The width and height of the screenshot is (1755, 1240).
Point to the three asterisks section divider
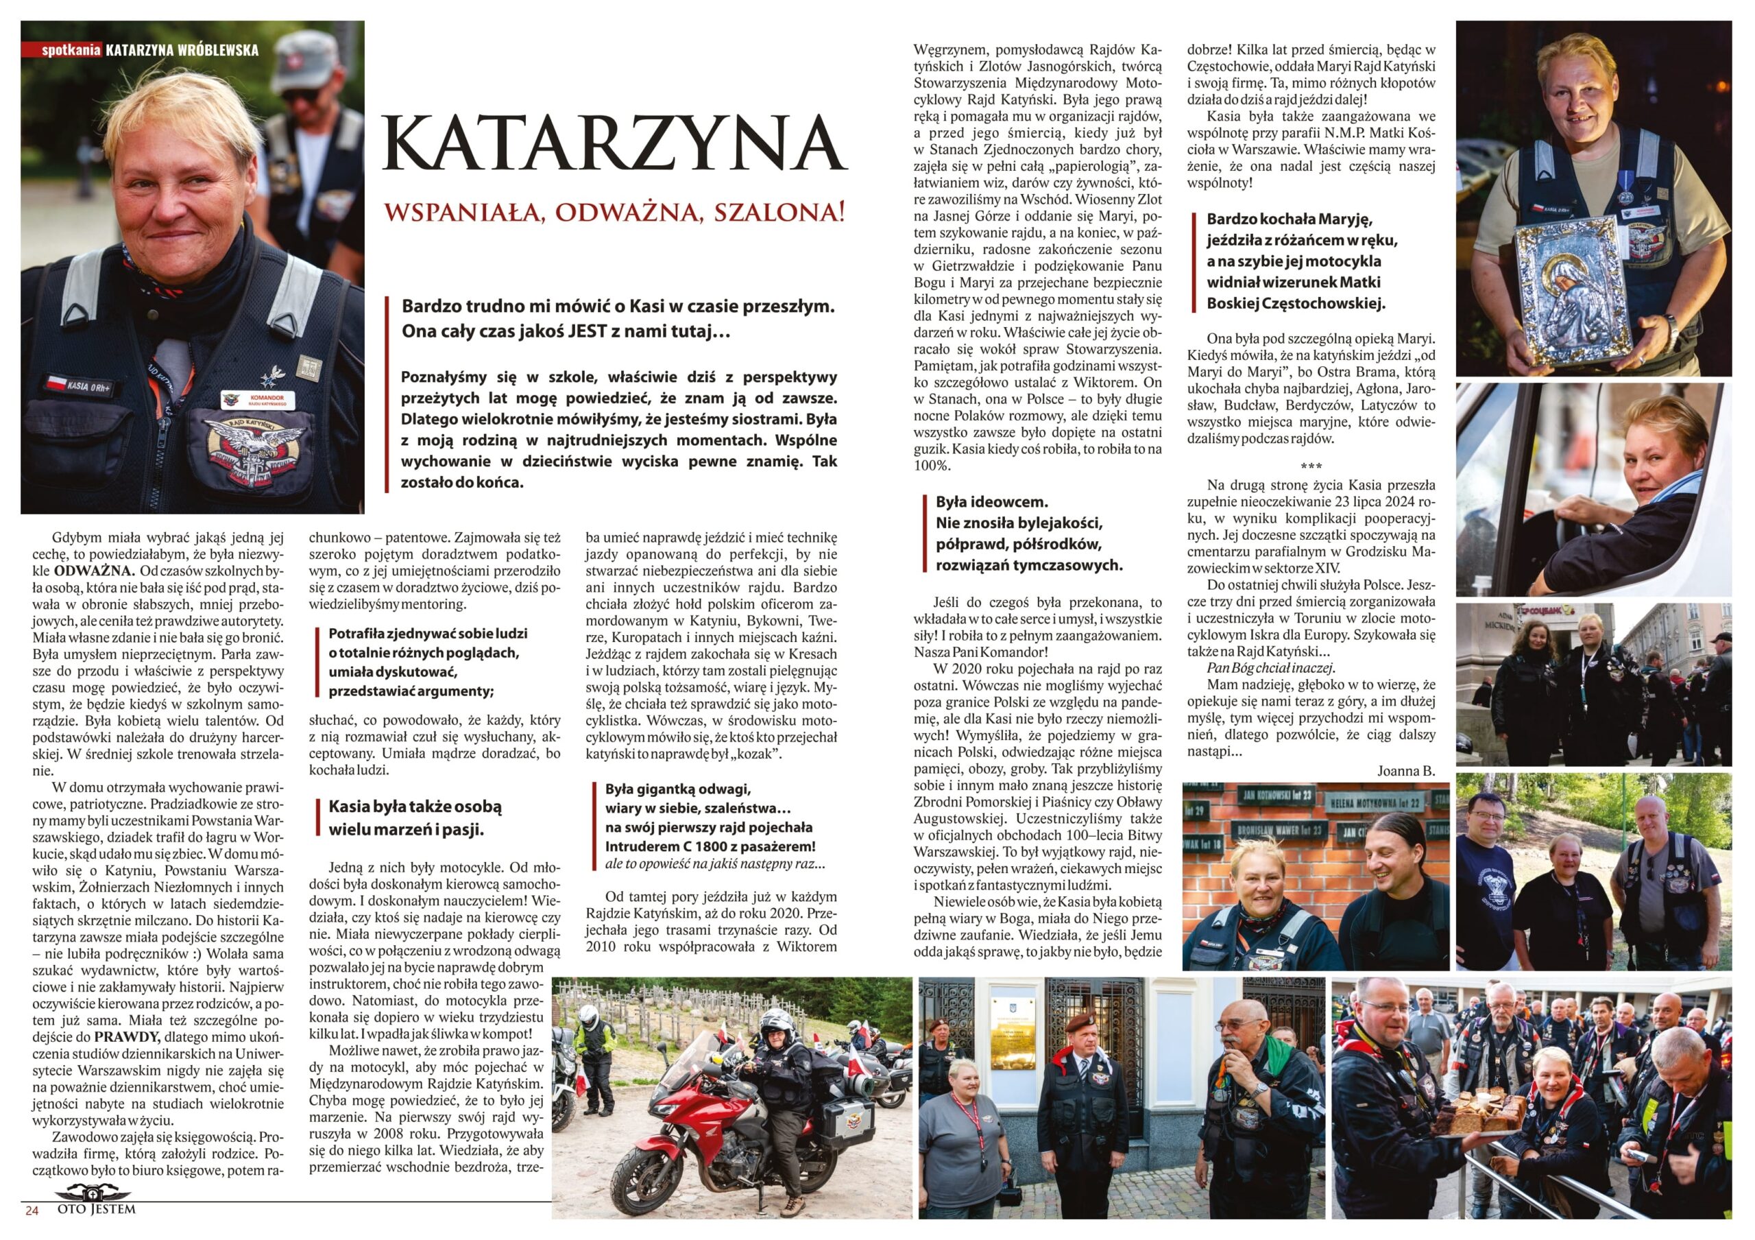[x=1310, y=466]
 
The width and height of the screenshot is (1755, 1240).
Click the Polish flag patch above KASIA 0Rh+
[x=55, y=381]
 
